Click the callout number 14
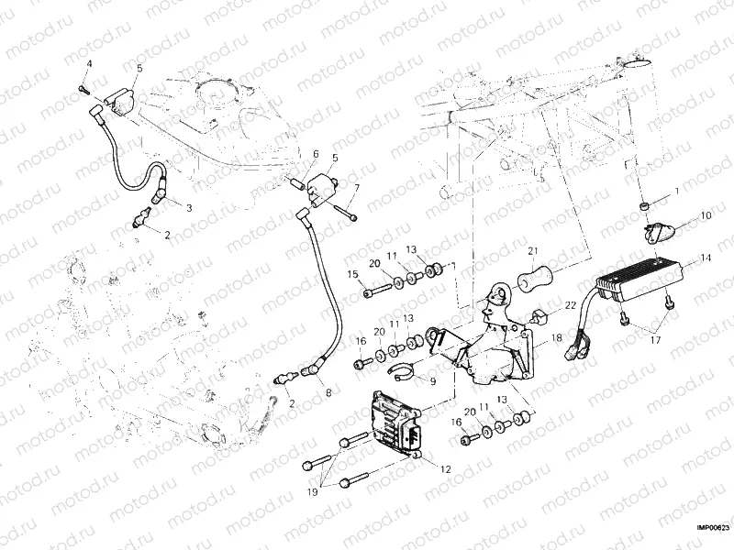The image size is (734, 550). pyautogui.click(x=705, y=258)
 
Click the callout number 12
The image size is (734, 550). pyautogui.click(x=445, y=468)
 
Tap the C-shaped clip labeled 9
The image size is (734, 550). pyautogui.click(x=400, y=370)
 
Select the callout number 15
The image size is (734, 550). pyautogui.click(x=351, y=274)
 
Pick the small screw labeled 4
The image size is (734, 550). pyautogui.click(x=82, y=89)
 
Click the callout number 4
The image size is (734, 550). pyautogui.click(x=89, y=62)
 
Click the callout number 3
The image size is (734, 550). pyautogui.click(x=189, y=208)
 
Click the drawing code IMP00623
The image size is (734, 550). pyautogui.click(x=711, y=527)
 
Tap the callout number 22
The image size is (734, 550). pyautogui.click(x=569, y=305)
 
